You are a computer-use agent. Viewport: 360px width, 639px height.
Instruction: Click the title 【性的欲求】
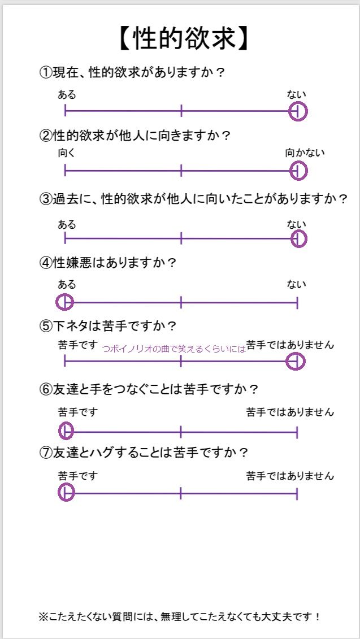coord(184,39)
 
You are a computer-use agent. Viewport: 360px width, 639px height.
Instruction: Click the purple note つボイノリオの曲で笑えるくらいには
coord(175,349)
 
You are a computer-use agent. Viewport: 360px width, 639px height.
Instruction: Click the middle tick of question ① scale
coord(181,110)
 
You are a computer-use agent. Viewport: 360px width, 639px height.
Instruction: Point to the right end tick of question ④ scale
coord(297,303)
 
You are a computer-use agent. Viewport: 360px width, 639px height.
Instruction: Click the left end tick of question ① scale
coord(65,110)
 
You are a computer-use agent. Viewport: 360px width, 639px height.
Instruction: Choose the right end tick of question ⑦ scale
coord(297,493)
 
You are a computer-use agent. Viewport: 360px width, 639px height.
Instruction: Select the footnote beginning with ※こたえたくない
coord(180,616)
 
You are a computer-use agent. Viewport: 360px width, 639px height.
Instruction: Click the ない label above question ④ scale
coord(296,284)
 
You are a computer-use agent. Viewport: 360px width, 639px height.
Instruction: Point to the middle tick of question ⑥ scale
coord(181,431)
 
